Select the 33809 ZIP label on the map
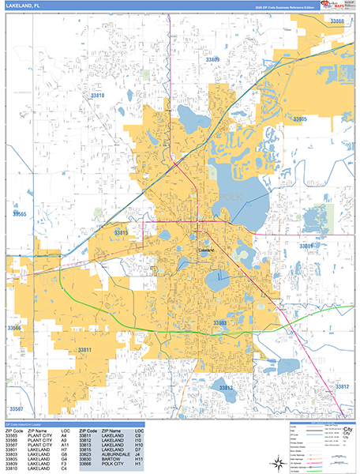click(x=212, y=60)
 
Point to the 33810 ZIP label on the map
click(x=97, y=96)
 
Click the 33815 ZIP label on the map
click(x=122, y=233)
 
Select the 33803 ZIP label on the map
click(x=220, y=323)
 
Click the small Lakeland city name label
click(x=207, y=250)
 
